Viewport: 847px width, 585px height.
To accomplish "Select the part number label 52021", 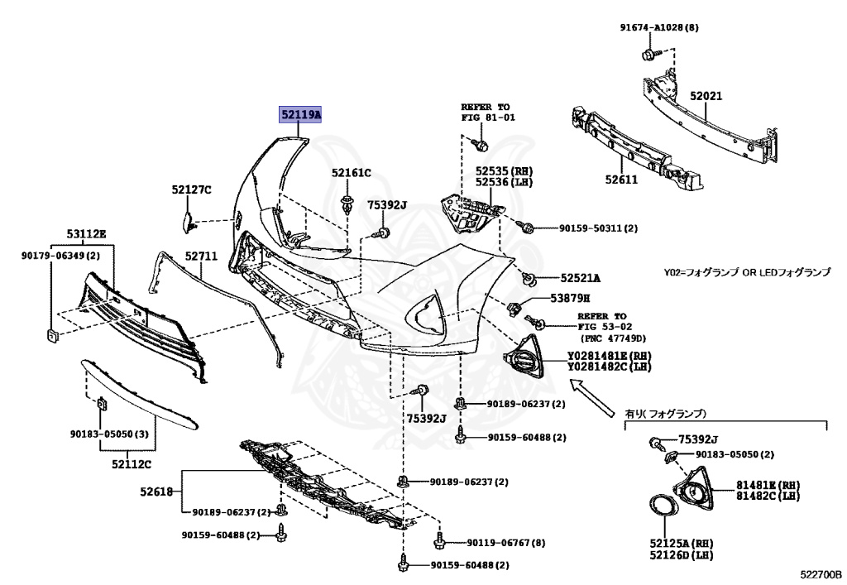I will [x=706, y=96].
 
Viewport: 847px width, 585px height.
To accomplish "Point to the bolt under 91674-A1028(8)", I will [x=648, y=55].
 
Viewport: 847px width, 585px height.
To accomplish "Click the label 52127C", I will [x=192, y=190].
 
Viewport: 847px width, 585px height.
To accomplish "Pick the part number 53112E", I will [x=86, y=234].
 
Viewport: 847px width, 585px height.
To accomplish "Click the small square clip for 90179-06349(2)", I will [x=52, y=335].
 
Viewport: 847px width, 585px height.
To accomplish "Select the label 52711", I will [x=201, y=257].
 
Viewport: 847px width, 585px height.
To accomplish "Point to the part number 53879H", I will [x=570, y=298].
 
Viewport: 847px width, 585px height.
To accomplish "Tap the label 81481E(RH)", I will [x=769, y=484].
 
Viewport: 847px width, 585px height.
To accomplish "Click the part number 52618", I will [x=156, y=491].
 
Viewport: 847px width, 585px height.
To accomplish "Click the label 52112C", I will [x=132, y=464].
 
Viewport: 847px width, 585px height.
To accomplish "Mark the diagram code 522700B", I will [x=820, y=573].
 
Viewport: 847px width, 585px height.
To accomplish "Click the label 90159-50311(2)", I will [x=587, y=228].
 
